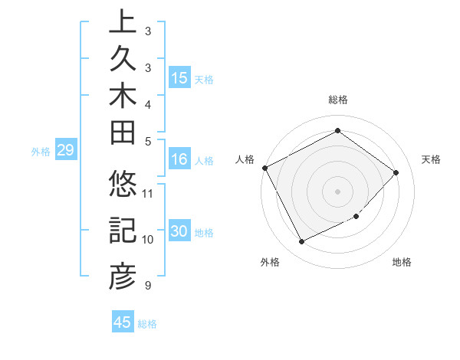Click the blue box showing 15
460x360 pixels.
coord(179,77)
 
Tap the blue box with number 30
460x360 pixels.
coord(179,231)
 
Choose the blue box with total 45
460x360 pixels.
coord(122,322)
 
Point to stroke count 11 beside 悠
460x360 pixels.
coord(149,192)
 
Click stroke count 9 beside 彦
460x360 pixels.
coord(146,286)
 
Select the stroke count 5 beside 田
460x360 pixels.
coord(147,141)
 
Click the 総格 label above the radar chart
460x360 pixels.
coord(338,100)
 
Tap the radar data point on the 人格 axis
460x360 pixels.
coord(264,168)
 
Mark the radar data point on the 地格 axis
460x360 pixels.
coord(356,217)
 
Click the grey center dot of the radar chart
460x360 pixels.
coord(337,191)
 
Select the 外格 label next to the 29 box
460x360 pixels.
coord(41,152)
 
